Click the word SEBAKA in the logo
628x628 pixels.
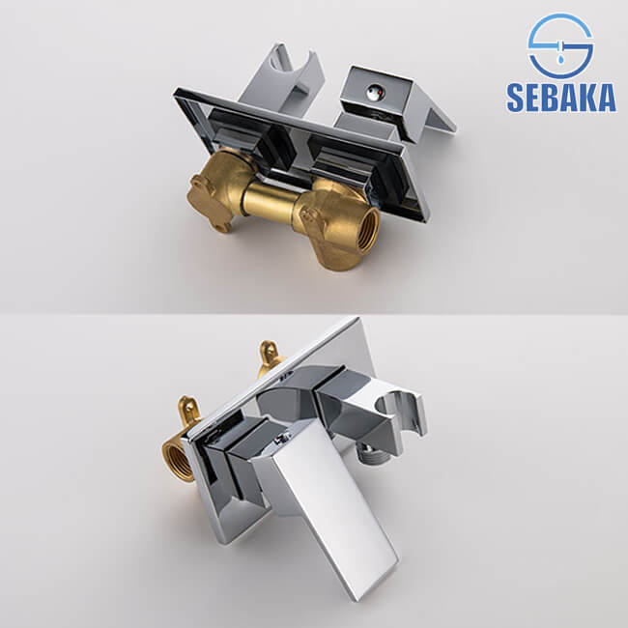click(x=560, y=98)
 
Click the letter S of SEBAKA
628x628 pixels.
click(x=516, y=99)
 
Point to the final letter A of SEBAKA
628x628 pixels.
click(x=606, y=99)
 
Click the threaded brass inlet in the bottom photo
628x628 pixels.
click(x=180, y=461)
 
